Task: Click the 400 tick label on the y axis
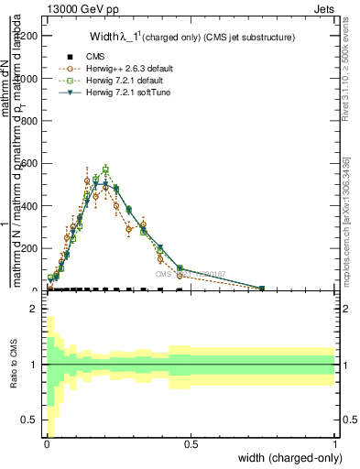click(x=31, y=206)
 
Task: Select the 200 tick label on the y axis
click(x=31, y=248)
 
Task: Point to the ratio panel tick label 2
click(x=36, y=309)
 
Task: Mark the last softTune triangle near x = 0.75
click(x=262, y=289)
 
